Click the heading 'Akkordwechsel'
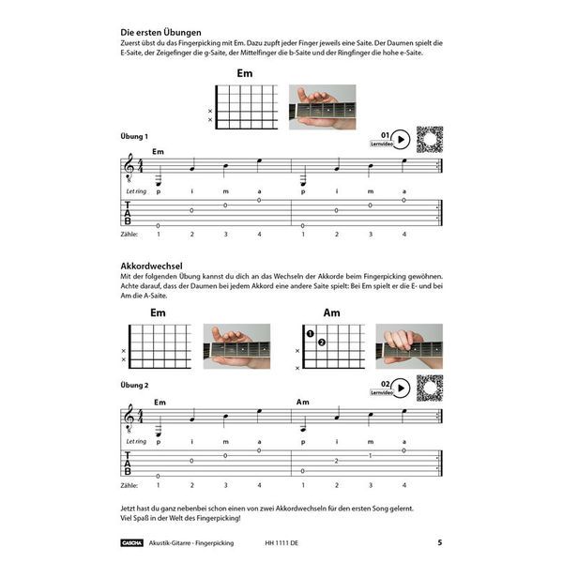click(x=151, y=266)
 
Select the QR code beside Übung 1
click(x=430, y=139)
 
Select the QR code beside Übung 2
click(x=430, y=387)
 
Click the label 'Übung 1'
click(x=135, y=138)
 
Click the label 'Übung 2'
click(x=135, y=386)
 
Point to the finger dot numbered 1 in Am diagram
click(x=309, y=333)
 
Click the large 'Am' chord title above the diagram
click(x=332, y=312)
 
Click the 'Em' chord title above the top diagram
click(x=245, y=73)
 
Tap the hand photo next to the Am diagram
click(x=409, y=345)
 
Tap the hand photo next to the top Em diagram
click(x=322, y=106)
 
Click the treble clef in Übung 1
click(x=129, y=168)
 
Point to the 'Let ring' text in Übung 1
click(x=136, y=191)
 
